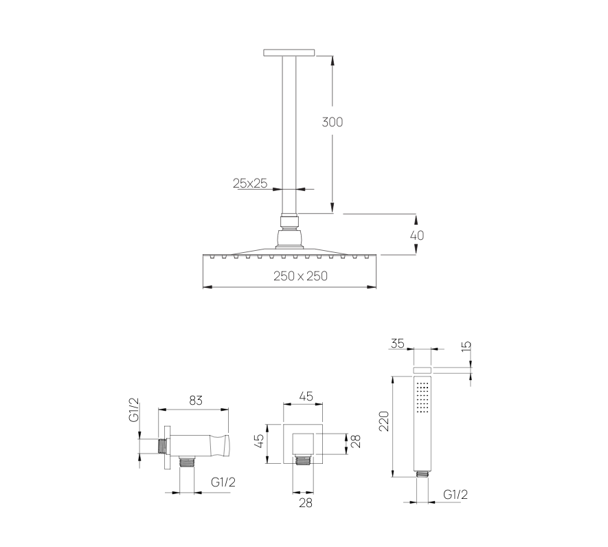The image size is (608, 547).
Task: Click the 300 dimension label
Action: pyautogui.click(x=333, y=122)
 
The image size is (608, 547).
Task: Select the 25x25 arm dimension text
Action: pyautogui.click(x=250, y=183)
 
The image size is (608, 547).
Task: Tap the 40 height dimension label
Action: pyautogui.click(x=417, y=236)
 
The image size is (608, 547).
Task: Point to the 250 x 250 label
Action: pyautogui.click(x=300, y=276)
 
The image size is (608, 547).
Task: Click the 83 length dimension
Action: pyautogui.click(x=196, y=401)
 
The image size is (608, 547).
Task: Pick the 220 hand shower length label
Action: pyautogui.click(x=383, y=421)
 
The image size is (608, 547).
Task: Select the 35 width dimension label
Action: pyautogui.click(x=398, y=344)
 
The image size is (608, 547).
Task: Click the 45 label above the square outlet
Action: pyautogui.click(x=306, y=397)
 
